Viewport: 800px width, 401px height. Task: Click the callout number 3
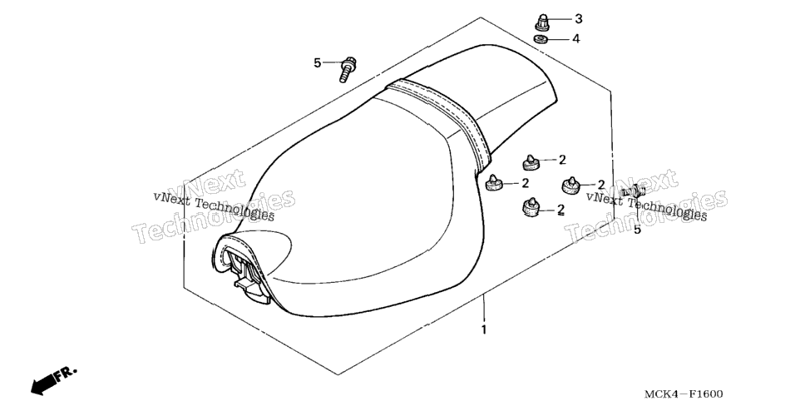578,19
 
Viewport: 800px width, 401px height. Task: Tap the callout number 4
576,39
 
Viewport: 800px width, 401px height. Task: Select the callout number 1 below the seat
484,329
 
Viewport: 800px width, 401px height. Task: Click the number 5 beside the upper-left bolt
318,62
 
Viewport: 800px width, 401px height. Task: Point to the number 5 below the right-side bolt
637,230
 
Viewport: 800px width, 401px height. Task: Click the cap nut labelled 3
542,22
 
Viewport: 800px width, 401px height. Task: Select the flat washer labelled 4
541,39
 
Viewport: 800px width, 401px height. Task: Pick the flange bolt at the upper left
348,69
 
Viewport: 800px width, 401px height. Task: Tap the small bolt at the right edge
633,191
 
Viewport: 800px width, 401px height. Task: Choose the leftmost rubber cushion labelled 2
492,183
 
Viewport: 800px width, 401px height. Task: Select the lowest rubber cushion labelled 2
531,206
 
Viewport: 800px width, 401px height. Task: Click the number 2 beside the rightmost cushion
600,184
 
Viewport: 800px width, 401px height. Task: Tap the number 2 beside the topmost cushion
562,160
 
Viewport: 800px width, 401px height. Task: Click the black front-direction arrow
43,384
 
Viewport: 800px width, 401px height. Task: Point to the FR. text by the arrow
67,373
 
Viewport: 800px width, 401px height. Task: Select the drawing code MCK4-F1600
684,394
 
